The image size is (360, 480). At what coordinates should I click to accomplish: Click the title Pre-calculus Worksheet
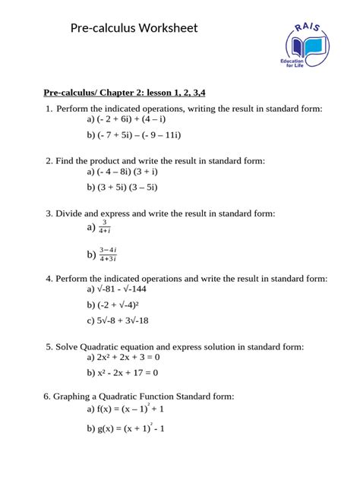point(134,28)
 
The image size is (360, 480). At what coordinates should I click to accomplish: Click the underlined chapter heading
point(125,93)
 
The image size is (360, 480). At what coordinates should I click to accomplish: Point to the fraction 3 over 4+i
point(106,226)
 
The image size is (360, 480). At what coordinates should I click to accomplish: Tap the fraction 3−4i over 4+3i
point(108,254)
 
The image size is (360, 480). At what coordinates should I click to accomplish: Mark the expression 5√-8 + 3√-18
point(123,321)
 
